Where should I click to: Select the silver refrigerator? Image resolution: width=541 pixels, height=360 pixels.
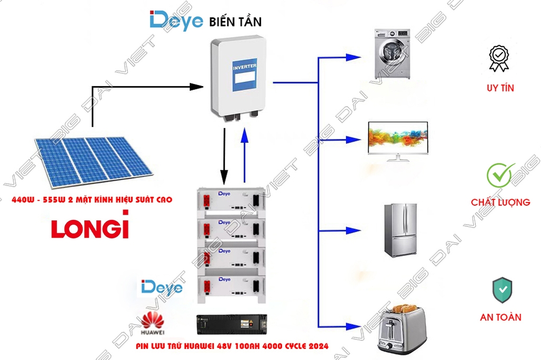coord(399,229)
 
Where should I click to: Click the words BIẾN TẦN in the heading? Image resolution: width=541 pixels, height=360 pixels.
coord(235,22)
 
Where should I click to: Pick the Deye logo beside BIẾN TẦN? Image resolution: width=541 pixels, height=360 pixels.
coord(176,21)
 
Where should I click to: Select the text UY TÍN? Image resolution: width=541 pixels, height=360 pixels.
coord(500,88)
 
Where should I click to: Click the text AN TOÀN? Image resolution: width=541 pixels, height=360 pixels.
coord(500,317)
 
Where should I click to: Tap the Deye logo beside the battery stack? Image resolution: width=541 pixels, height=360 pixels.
coord(162,288)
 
